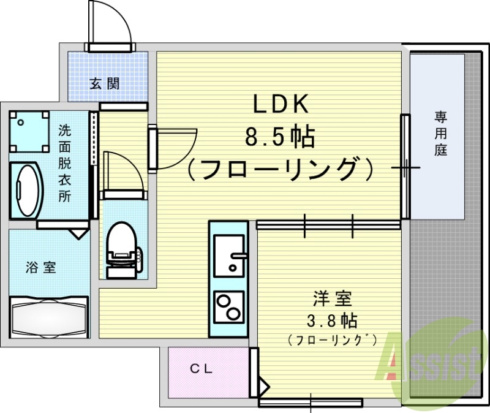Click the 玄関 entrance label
coord(105,85)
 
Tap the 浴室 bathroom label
coord(41,267)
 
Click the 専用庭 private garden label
coord(440,133)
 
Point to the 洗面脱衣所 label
coord(64,163)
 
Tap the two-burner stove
coord(228,306)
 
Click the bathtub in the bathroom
coord(50,316)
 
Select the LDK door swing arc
coord(181,147)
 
